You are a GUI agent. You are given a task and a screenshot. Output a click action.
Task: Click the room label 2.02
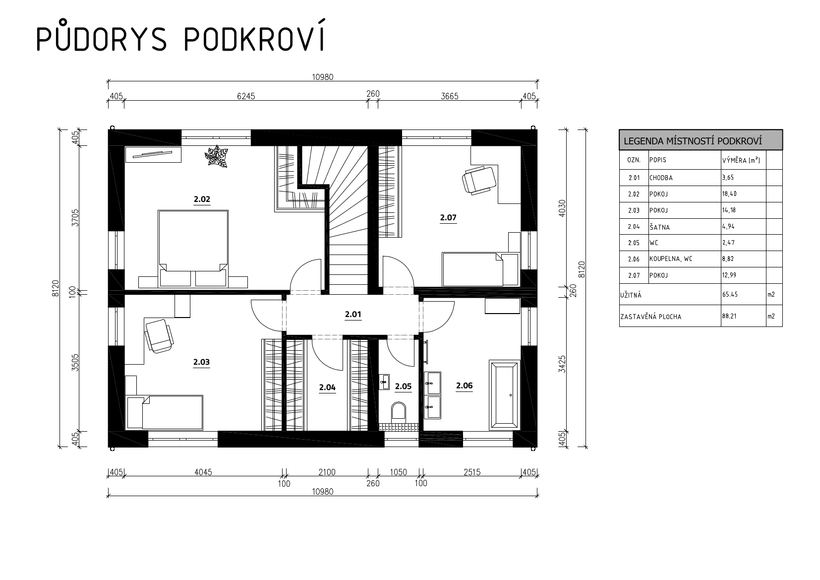click(202, 199)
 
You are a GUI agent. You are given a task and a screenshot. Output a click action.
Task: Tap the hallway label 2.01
click(353, 315)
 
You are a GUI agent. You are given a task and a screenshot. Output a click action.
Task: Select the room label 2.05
click(403, 387)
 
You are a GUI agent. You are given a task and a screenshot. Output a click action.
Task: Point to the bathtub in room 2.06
click(505, 395)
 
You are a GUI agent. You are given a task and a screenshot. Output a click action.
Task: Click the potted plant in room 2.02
click(216, 156)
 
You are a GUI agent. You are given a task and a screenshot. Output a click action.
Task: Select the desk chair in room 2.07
click(479, 180)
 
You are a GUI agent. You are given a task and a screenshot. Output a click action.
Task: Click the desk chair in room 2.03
click(159, 335)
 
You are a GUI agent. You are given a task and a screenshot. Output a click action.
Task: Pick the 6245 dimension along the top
click(246, 96)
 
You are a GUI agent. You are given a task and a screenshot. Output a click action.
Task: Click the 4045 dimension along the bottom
click(203, 472)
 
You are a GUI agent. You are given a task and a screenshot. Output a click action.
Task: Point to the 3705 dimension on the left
click(75, 218)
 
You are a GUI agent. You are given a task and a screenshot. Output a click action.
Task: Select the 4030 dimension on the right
click(562, 208)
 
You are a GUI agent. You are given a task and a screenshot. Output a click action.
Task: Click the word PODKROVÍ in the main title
click(254, 38)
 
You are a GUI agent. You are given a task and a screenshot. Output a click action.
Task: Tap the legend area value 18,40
click(729, 194)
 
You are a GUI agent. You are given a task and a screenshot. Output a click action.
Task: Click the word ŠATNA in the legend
click(660, 227)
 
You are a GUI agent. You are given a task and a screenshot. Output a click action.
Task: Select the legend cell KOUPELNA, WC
click(671, 258)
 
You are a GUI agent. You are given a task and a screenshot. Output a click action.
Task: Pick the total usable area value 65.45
click(729, 294)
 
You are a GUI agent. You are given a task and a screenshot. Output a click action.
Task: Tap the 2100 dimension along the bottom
click(327, 472)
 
